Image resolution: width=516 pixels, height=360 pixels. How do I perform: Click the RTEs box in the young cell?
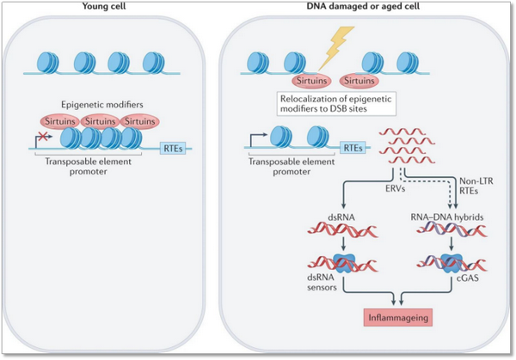[x=172, y=148]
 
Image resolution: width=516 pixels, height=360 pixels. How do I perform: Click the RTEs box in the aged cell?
[x=352, y=147]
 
